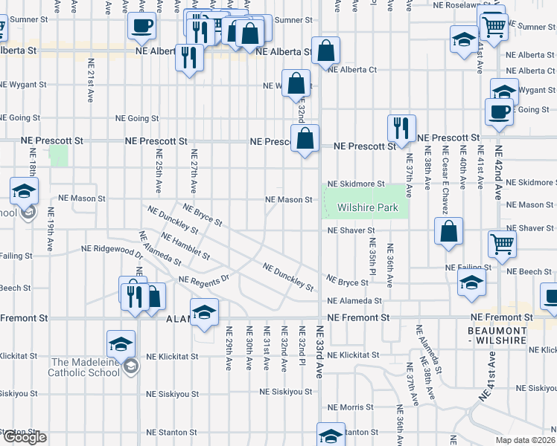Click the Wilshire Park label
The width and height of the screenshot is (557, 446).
tap(367, 208)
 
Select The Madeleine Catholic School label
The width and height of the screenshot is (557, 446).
tap(84, 367)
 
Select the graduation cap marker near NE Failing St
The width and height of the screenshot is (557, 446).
tap(471, 282)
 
